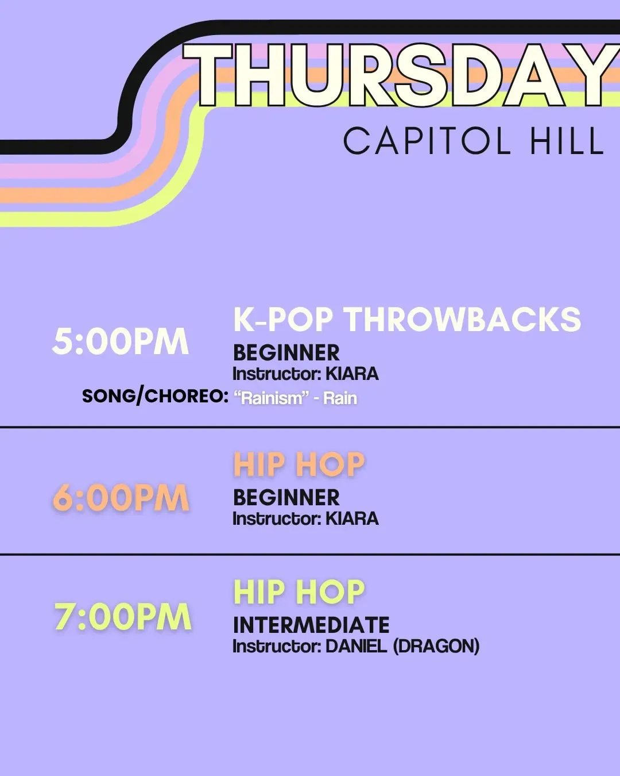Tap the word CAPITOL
[427, 141]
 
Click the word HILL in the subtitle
[567, 141]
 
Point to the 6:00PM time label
[121, 498]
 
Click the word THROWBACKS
[464, 319]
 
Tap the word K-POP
[283, 319]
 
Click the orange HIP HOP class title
[299, 464]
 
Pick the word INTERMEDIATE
[311, 625]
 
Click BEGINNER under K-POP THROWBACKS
[286, 353]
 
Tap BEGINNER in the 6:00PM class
[286, 498]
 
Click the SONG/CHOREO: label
[155, 396]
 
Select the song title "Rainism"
[272, 398]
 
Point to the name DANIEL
[356, 646]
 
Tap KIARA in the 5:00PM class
[352, 374]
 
